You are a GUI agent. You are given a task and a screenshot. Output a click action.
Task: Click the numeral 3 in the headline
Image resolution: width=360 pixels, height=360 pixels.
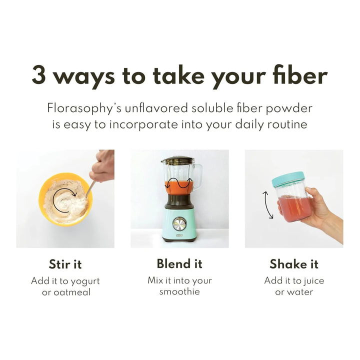click(38, 75)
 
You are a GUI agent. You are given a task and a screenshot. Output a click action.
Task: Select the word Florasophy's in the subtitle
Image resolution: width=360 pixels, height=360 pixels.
click(84, 108)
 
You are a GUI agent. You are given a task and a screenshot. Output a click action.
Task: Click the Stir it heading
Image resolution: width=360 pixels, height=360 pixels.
click(65, 264)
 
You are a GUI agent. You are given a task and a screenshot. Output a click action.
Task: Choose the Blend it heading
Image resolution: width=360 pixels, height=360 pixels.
click(179, 263)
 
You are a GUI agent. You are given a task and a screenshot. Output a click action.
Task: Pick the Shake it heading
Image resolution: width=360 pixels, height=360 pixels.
click(294, 264)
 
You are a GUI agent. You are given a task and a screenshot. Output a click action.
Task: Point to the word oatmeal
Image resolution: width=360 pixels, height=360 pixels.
click(72, 292)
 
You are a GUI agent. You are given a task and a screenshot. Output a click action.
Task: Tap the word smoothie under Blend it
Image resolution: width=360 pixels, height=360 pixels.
click(179, 292)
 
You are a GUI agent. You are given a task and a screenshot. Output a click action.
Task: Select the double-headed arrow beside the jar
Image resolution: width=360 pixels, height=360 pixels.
click(267, 205)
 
